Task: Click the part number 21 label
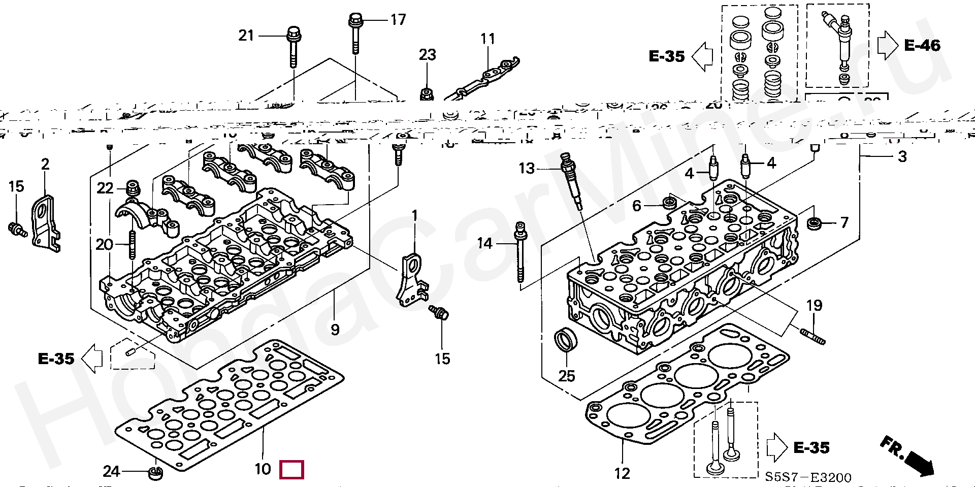pyautogui.click(x=246, y=36)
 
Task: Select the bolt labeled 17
pyautogui.click(x=354, y=34)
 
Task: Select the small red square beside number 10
pyautogui.click(x=291, y=470)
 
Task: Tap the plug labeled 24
pyautogui.click(x=154, y=474)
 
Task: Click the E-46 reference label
pyautogui.click(x=922, y=46)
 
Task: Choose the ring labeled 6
pyautogui.click(x=668, y=204)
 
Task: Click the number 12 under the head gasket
pyautogui.click(x=622, y=473)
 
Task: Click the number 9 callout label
pyautogui.click(x=335, y=330)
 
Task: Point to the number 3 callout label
pyautogui.click(x=902, y=156)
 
